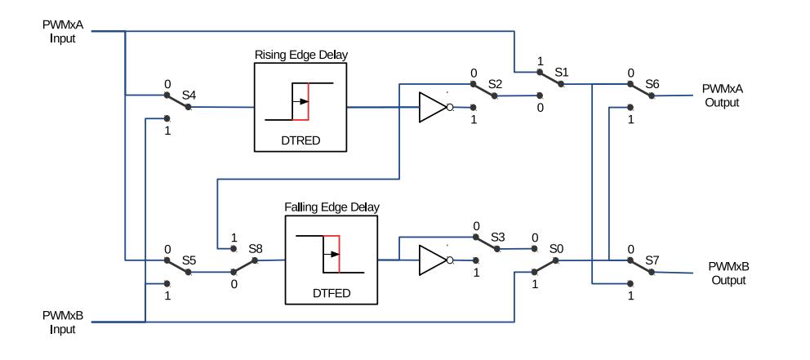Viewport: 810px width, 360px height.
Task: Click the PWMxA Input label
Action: pos(63,32)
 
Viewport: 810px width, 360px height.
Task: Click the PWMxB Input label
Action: pos(63,322)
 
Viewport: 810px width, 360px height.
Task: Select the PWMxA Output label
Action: pos(722,96)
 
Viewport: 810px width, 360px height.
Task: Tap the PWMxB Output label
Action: pos(728,273)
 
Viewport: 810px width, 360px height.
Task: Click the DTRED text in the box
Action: pos(300,140)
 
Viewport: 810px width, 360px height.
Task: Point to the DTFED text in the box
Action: pos(332,293)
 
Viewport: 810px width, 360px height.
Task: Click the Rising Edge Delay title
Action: pos(301,55)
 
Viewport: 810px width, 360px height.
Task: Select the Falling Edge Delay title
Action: pos(332,207)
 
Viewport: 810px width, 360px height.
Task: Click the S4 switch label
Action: pos(189,95)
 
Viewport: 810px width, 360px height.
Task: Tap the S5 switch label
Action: pos(189,260)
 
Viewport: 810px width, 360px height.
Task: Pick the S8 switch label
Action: pos(256,248)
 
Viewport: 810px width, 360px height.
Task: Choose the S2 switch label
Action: pos(496,82)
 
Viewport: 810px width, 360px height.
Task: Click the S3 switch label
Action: pos(497,237)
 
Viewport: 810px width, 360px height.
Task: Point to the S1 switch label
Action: pos(562,72)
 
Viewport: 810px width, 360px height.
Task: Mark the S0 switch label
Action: pos(556,248)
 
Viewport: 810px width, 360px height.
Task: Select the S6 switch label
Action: pos(652,83)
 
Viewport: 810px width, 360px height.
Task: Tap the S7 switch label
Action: pos(652,260)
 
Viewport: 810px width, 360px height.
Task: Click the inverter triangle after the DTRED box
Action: pos(433,108)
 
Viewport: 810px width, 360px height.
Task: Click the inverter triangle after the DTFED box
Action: pos(433,260)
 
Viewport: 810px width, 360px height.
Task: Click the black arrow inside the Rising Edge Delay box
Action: pos(300,101)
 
